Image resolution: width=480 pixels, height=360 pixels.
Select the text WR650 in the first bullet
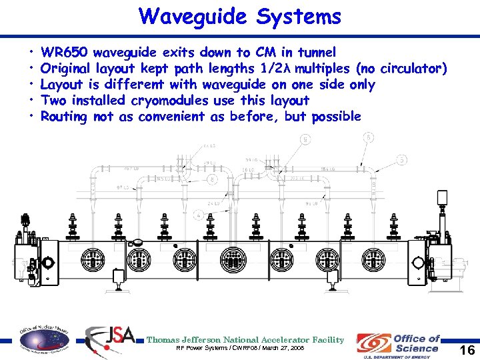click(x=64, y=52)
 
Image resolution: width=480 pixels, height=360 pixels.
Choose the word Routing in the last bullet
click(x=64, y=117)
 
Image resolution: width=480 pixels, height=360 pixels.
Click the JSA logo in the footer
click(x=110, y=340)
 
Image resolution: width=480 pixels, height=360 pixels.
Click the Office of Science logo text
click(x=417, y=343)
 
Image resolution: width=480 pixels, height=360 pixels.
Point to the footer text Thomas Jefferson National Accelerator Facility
click(x=245, y=340)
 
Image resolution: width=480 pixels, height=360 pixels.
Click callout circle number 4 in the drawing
click(x=199, y=215)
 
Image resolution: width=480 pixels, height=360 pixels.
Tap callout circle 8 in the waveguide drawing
click(x=211, y=179)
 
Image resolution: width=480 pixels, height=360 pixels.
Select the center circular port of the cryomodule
click(x=233, y=257)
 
